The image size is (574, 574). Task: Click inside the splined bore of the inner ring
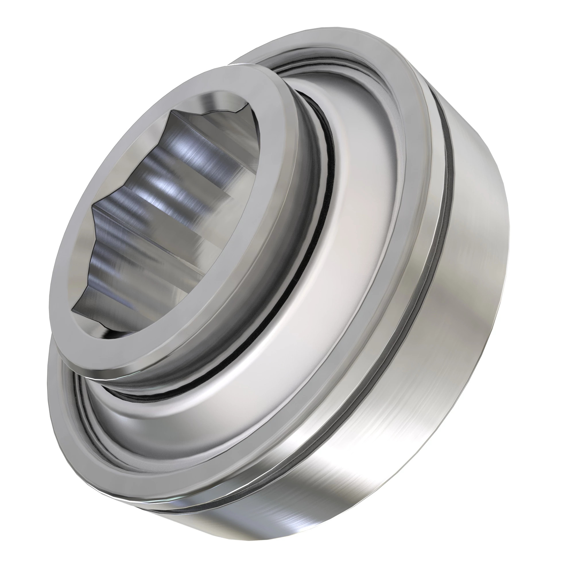tap(166, 208)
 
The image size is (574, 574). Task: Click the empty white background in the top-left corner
tap(30, 30)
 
